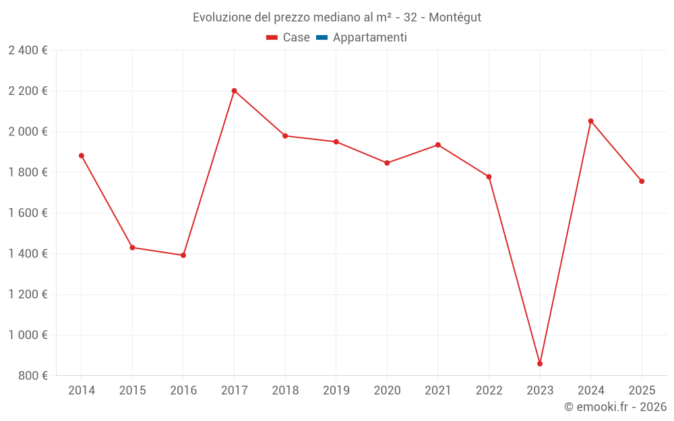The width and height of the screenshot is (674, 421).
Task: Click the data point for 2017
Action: coord(234,91)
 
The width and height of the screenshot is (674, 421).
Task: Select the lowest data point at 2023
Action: coord(540,364)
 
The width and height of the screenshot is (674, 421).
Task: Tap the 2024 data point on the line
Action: coord(590,121)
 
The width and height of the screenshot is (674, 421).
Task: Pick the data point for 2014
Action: coord(82,156)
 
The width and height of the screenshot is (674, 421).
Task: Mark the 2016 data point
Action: coord(183,255)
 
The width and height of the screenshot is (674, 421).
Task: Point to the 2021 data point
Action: coord(438,145)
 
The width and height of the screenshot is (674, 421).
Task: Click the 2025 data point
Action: coord(642,181)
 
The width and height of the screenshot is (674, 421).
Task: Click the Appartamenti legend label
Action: coord(369,38)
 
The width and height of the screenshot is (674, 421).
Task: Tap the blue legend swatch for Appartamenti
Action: coord(321,38)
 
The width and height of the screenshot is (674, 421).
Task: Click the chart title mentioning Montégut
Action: coord(337,18)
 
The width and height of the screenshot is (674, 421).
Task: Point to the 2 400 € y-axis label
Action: coord(28,51)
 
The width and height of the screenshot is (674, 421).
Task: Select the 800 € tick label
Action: coord(32,376)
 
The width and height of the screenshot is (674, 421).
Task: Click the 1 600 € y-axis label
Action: coord(28,213)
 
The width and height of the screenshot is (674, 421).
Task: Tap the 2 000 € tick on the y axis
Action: coord(28,131)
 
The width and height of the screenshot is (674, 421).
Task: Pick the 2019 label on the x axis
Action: coord(336,391)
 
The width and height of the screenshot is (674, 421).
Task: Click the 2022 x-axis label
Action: coord(489,391)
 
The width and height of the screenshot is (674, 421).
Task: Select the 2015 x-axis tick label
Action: coord(132,391)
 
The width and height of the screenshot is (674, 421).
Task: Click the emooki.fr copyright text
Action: coord(615,407)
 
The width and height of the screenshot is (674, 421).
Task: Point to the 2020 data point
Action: coord(387,163)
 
